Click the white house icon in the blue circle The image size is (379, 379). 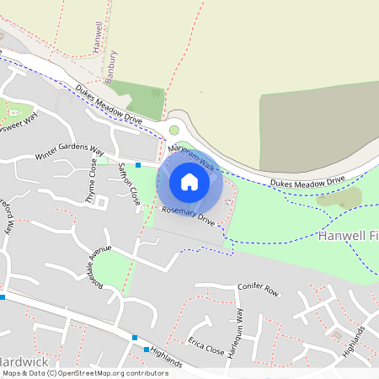click(189, 181)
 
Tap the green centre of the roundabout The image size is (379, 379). click(174, 130)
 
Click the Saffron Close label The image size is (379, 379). click(128, 184)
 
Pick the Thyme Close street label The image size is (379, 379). click(93, 176)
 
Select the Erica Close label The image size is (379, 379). click(206, 346)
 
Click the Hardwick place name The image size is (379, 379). click(25, 362)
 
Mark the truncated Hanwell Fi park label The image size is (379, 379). click(348, 237)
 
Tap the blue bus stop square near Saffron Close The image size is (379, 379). click(138, 165)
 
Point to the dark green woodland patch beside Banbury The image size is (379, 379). click(136, 99)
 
